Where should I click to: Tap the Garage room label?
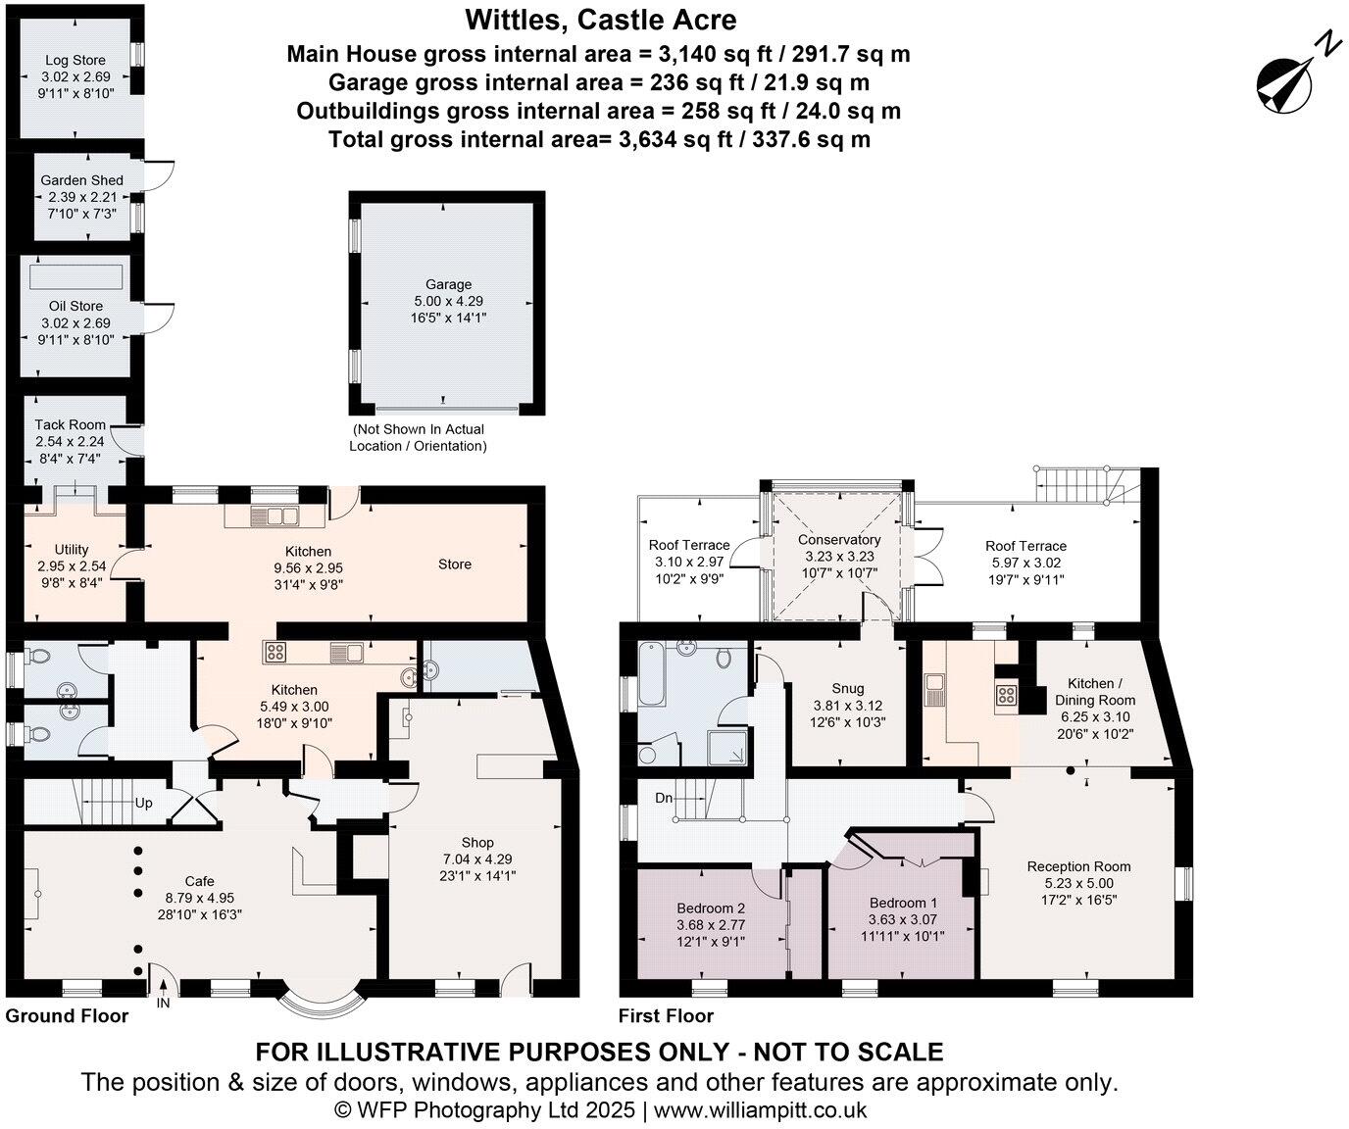[448, 285]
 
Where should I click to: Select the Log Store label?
[75, 61]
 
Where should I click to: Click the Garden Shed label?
[81, 180]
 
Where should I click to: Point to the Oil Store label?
[75, 306]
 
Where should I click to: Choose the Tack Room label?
[70, 424]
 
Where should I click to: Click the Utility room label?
[72, 550]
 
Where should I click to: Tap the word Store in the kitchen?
[455, 564]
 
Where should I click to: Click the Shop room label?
[477, 843]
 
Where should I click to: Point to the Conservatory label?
[839, 540]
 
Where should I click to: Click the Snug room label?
[848, 689]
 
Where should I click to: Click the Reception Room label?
[1078, 866]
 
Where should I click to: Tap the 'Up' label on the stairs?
[144, 803]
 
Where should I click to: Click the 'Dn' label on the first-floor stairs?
[664, 798]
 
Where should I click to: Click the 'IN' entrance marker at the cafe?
[163, 1003]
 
